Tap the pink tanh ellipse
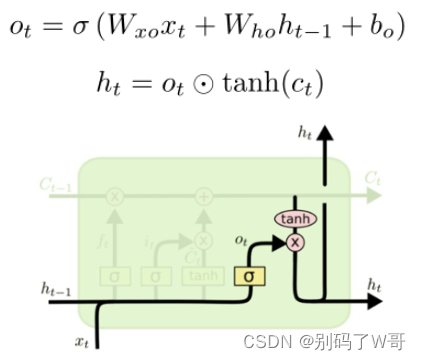pos(295,219)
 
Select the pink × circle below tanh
pos(295,242)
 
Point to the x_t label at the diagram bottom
pos(82,341)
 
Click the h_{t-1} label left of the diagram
pos(55,289)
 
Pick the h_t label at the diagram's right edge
pos(375,286)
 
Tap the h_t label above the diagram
pos(306,131)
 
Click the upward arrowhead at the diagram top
pos(324,137)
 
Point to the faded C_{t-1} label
pos(55,182)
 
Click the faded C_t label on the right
pos(372,179)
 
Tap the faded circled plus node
pos(204,196)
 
